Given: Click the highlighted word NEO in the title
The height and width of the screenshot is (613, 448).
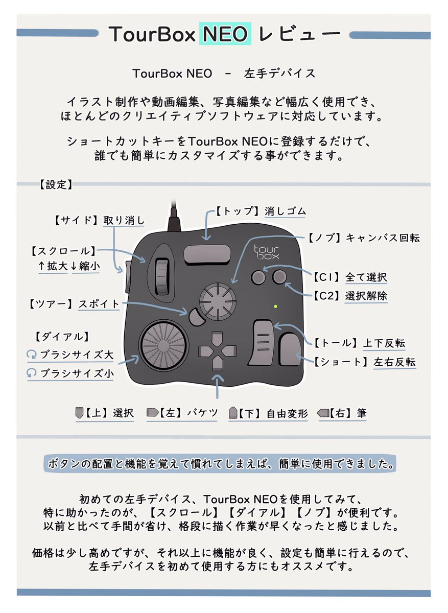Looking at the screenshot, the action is tap(225, 34).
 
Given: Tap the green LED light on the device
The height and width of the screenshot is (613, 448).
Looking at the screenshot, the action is tap(275, 306).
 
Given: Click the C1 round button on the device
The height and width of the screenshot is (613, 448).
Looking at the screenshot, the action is tap(258, 277).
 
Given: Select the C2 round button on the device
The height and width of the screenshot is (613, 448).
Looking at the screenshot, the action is tap(279, 277).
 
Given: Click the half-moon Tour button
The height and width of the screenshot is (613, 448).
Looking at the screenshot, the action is tap(195, 317).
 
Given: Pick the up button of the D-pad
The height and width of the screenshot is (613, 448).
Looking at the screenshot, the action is tap(217, 338).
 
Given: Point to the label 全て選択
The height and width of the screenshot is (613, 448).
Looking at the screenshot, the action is tap(366, 277).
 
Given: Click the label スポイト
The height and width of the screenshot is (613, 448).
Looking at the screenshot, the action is tap(99, 304).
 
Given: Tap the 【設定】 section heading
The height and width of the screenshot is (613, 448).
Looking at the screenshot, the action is tap(55, 185).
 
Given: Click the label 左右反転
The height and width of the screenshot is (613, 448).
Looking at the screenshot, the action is tap(394, 362).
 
